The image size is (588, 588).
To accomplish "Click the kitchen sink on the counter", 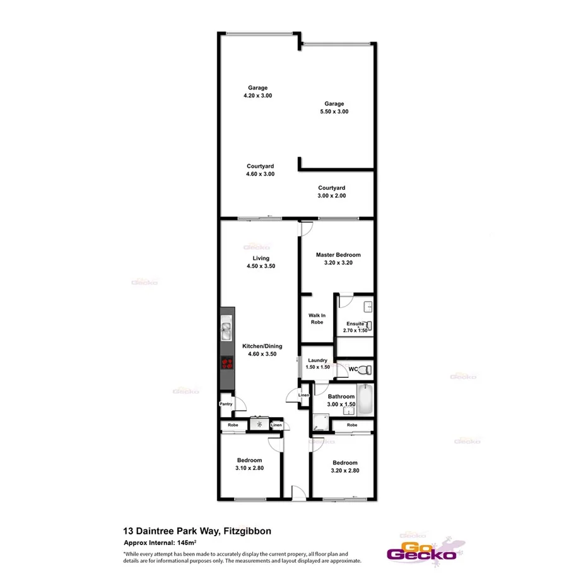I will coord(226,331).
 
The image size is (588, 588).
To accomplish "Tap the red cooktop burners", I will coord(226,363).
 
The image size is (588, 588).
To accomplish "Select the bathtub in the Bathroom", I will coord(365,399).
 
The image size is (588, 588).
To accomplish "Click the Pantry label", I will coord(226,404).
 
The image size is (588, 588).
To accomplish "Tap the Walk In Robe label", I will coord(316,319).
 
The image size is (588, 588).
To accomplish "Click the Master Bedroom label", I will coord(338,255).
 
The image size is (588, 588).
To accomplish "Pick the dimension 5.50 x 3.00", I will coord(334,112).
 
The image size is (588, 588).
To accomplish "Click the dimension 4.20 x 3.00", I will coord(257,96).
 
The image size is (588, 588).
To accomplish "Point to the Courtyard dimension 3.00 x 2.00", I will coord(331,196).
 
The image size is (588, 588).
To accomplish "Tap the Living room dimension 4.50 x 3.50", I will coord(261,266).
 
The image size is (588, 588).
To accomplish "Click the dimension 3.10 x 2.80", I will coord(249,468).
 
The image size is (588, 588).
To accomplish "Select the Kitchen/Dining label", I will coord(262,346).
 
